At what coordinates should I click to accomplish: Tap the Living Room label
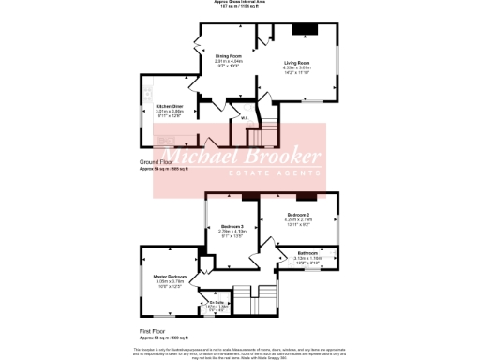click(x=296, y=63)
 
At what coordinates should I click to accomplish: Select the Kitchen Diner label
click(x=170, y=106)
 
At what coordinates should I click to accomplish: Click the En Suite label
click(x=217, y=303)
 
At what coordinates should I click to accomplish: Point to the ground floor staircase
click(x=263, y=131)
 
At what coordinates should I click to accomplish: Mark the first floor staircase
click(x=253, y=303)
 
